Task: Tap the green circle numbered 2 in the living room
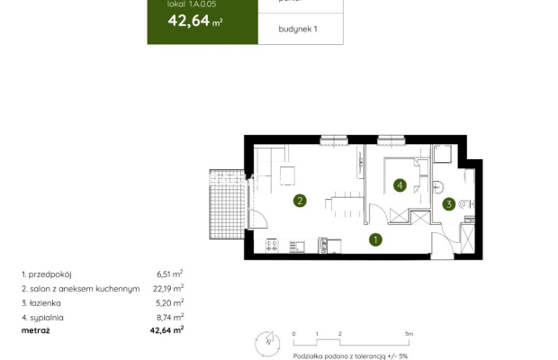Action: point(300,201)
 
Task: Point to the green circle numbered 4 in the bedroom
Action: point(400,186)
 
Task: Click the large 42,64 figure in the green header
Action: point(184,22)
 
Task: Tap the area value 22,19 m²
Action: point(169,288)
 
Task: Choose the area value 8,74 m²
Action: point(170,317)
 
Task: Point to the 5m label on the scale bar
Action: point(409,334)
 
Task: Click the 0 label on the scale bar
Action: point(294,334)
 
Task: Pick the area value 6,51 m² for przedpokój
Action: point(170,273)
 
